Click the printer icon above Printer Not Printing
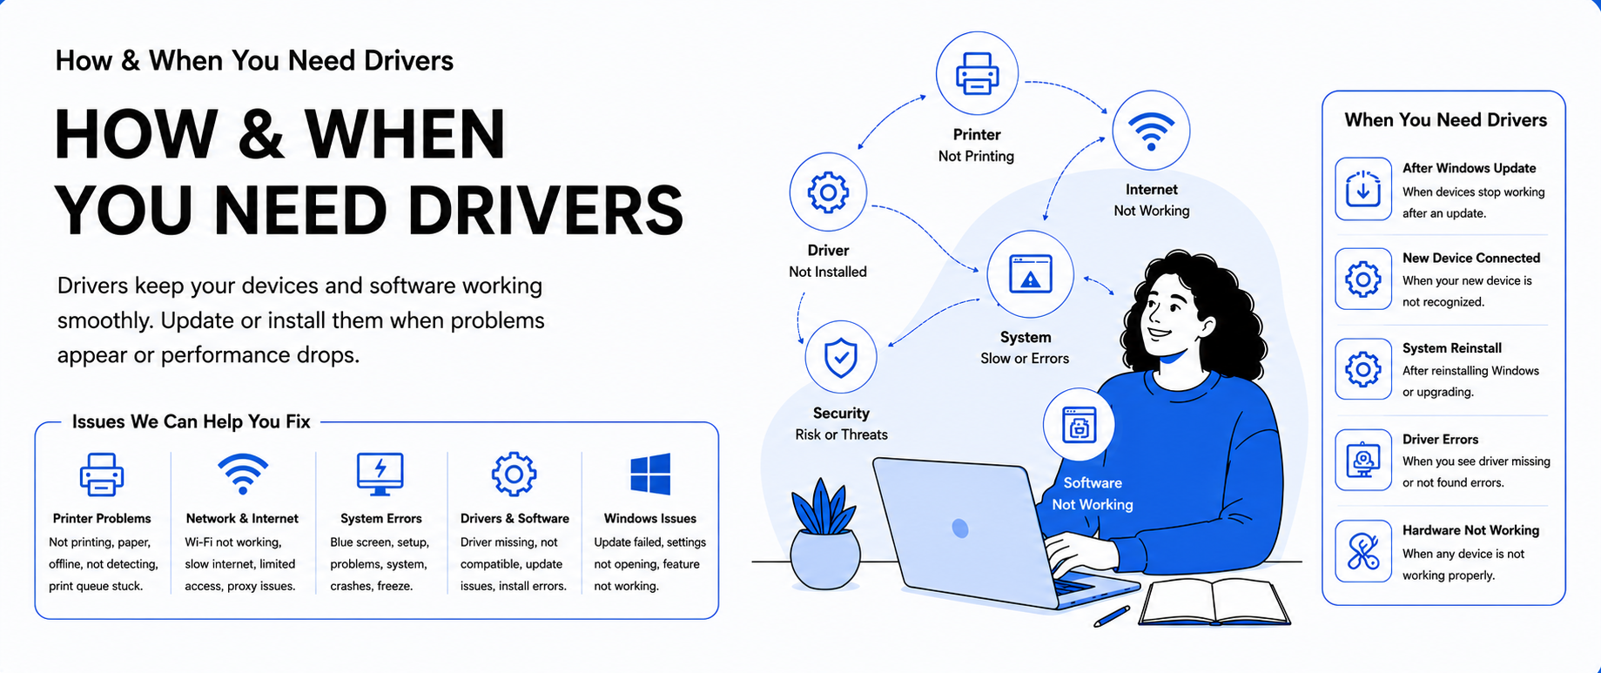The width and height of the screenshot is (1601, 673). click(x=977, y=73)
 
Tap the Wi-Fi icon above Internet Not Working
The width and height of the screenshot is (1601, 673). click(x=1151, y=131)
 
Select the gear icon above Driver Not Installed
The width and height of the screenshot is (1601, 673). click(x=828, y=192)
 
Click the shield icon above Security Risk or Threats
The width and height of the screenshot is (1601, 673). click(x=841, y=358)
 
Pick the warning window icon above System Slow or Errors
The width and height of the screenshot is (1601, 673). click(x=1030, y=274)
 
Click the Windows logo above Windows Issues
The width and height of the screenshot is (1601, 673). click(x=650, y=474)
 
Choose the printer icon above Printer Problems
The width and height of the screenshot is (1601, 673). click(x=102, y=474)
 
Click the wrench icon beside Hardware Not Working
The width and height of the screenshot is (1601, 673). click(x=1363, y=551)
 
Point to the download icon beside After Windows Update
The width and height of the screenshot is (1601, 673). click(x=1363, y=189)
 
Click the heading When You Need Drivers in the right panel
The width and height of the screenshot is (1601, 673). click(x=1445, y=120)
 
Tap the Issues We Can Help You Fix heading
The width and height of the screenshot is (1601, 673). click(x=192, y=422)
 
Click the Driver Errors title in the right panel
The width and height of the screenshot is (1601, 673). click(x=1440, y=440)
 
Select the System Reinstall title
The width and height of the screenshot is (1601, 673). click(x=1452, y=348)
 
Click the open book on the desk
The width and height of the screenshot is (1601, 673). click(x=1215, y=602)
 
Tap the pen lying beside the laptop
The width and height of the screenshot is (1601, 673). click(x=1112, y=616)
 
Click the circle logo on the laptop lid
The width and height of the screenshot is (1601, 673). click(x=960, y=528)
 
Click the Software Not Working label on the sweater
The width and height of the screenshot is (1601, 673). click(x=1093, y=494)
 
